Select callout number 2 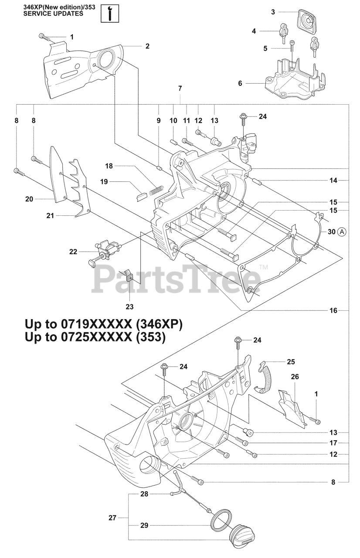[x=147, y=45]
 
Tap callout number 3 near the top [x=273, y=12]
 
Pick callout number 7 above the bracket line [x=180, y=88]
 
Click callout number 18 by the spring [x=109, y=166]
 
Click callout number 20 [x=29, y=199]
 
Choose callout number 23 [x=129, y=306]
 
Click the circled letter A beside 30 [x=342, y=232]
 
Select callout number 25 [x=291, y=361]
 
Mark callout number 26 [x=295, y=376]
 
